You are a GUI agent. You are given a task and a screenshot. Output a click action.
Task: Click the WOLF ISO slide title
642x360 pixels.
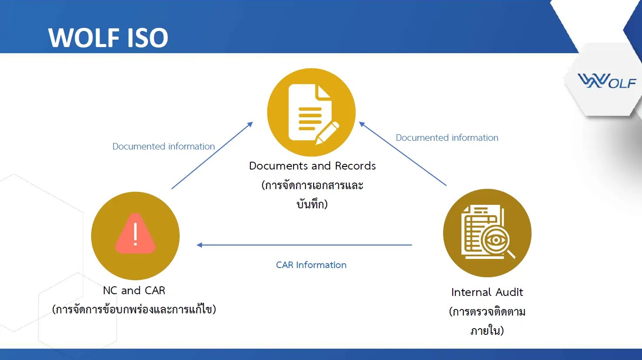pyautogui.click(x=108, y=37)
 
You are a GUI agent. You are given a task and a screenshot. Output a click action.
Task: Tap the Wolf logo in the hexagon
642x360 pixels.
pyautogui.click(x=607, y=81)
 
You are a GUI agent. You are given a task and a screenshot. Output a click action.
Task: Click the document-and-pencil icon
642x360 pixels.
pyautogui.click(x=311, y=112)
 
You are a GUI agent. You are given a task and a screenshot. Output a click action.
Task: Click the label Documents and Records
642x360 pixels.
pyautogui.click(x=312, y=166)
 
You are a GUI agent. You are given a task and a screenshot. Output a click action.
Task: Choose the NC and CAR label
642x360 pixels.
pyautogui.click(x=134, y=291)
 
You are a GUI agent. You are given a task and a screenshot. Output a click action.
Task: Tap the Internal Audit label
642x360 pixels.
pyautogui.click(x=487, y=292)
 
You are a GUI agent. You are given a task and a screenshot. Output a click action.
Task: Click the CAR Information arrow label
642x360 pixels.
pyautogui.click(x=311, y=265)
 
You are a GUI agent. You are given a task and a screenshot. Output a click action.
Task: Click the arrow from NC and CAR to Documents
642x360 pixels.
pyautogui.click(x=212, y=156)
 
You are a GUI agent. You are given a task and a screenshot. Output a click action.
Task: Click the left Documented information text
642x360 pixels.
pyautogui.click(x=164, y=146)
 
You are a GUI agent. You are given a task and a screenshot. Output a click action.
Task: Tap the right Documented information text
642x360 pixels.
pyautogui.click(x=447, y=138)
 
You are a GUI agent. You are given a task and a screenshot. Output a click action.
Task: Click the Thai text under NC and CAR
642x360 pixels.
pyautogui.click(x=134, y=309)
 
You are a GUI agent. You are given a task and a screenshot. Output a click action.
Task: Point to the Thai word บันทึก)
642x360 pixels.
pyautogui.click(x=312, y=204)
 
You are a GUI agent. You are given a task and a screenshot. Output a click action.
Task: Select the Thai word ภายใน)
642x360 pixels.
pyautogui.click(x=487, y=330)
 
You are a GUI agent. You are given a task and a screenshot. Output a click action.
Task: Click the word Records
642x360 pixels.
pyautogui.click(x=355, y=166)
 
